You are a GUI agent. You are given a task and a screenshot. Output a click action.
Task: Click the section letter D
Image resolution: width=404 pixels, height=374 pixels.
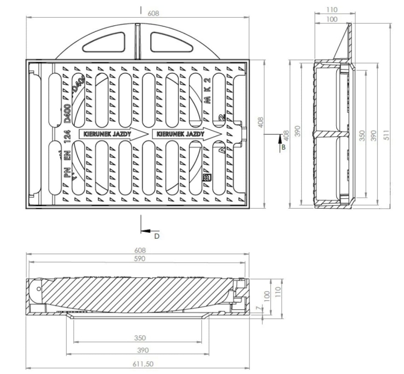click(x=157, y=236)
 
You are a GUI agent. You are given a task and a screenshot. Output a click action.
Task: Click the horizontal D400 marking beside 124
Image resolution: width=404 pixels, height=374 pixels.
click(x=67, y=115)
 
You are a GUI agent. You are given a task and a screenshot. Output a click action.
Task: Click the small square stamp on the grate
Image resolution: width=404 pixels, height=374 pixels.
click(x=207, y=176)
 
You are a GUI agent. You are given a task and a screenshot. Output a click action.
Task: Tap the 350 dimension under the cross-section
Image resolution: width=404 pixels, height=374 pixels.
click(x=140, y=338)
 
